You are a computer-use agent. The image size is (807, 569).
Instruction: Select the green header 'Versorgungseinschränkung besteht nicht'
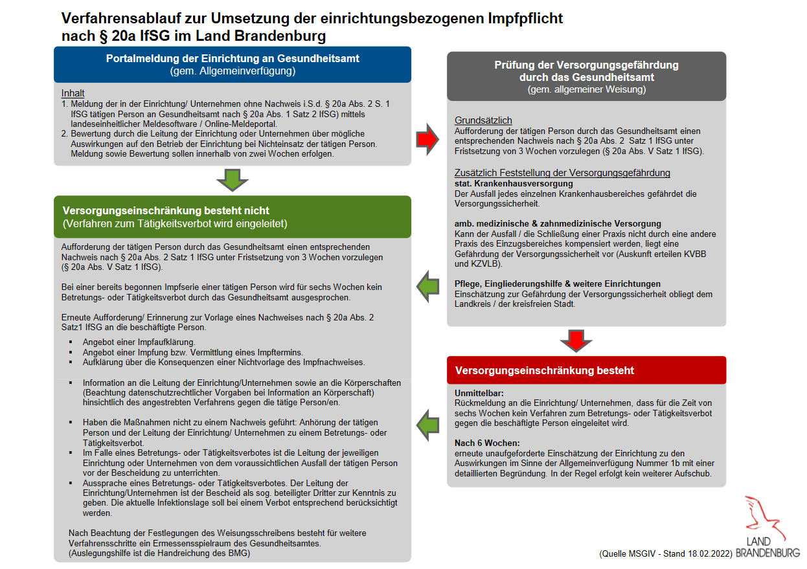click(166, 211)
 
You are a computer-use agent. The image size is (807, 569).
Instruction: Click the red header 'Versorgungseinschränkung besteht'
click(545, 371)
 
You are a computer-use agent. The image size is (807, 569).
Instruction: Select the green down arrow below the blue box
click(232, 179)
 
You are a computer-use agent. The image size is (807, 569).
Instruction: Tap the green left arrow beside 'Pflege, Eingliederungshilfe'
click(427, 285)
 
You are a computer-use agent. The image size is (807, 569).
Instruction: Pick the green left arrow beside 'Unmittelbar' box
click(427, 424)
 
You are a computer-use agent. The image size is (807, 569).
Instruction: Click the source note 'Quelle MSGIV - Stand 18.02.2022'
click(665, 554)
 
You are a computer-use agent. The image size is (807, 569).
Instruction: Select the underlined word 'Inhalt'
click(73, 93)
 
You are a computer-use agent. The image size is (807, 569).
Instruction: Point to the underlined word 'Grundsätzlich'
click(483, 120)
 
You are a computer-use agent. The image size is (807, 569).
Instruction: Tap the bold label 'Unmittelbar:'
click(479, 393)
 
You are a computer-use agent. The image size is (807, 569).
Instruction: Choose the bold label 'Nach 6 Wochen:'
click(487, 443)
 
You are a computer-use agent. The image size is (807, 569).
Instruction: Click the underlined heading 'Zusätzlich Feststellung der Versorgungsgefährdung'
click(562, 173)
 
